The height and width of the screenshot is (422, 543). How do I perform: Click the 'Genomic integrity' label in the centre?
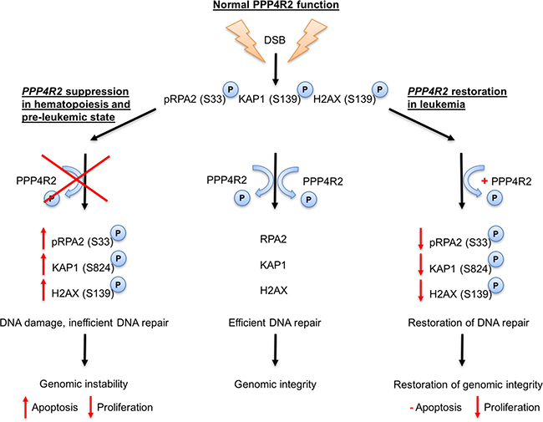pos(276,384)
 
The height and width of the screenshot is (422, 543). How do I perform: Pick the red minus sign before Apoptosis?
pos(416,406)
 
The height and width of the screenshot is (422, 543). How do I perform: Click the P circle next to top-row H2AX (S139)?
pos(382,89)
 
